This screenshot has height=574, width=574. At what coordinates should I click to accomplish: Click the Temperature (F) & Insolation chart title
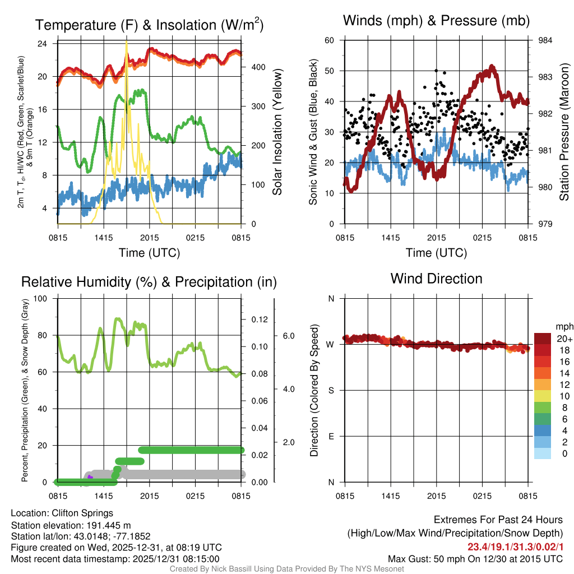click(x=149, y=25)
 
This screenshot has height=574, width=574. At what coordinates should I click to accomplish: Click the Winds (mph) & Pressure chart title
click(x=436, y=21)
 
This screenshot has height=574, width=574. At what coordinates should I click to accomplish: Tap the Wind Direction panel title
click(x=436, y=279)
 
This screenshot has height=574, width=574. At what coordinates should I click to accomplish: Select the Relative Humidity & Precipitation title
click(x=149, y=282)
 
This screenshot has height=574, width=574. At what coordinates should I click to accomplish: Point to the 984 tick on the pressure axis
click(x=545, y=40)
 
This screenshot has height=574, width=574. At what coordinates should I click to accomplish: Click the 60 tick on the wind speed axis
click(x=330, y=40)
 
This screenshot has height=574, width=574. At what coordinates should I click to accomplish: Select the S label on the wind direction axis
click(x=331, y=390)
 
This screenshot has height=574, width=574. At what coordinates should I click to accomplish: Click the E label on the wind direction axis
click(x=331, y=436)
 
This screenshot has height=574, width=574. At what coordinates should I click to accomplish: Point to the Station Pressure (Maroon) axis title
click(x=564, y=132)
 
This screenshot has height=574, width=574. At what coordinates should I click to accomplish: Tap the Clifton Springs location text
click(x=62, y=513)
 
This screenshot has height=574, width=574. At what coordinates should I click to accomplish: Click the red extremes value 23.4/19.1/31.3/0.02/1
click(x=515, y=547)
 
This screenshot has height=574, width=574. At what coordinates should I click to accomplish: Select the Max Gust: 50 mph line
click(x=475, y=559)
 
